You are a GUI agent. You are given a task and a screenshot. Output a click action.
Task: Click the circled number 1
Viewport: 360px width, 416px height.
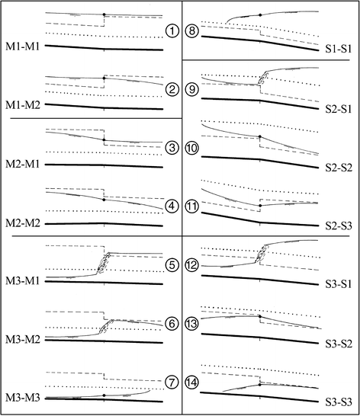coord(172,31)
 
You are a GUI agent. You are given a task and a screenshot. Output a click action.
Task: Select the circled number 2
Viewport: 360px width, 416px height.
coord(172,90)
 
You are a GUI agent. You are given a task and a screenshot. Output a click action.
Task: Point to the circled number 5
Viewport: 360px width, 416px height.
coord(172,265)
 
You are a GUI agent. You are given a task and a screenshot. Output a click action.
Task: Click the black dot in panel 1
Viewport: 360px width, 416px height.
coord(104,15)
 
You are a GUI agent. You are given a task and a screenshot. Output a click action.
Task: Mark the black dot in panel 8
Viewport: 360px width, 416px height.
coord(260,15)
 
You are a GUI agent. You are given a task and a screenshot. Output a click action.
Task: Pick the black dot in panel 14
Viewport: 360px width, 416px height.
coord(260,385)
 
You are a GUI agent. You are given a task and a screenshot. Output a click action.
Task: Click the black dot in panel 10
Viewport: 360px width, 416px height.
coord(260,136)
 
